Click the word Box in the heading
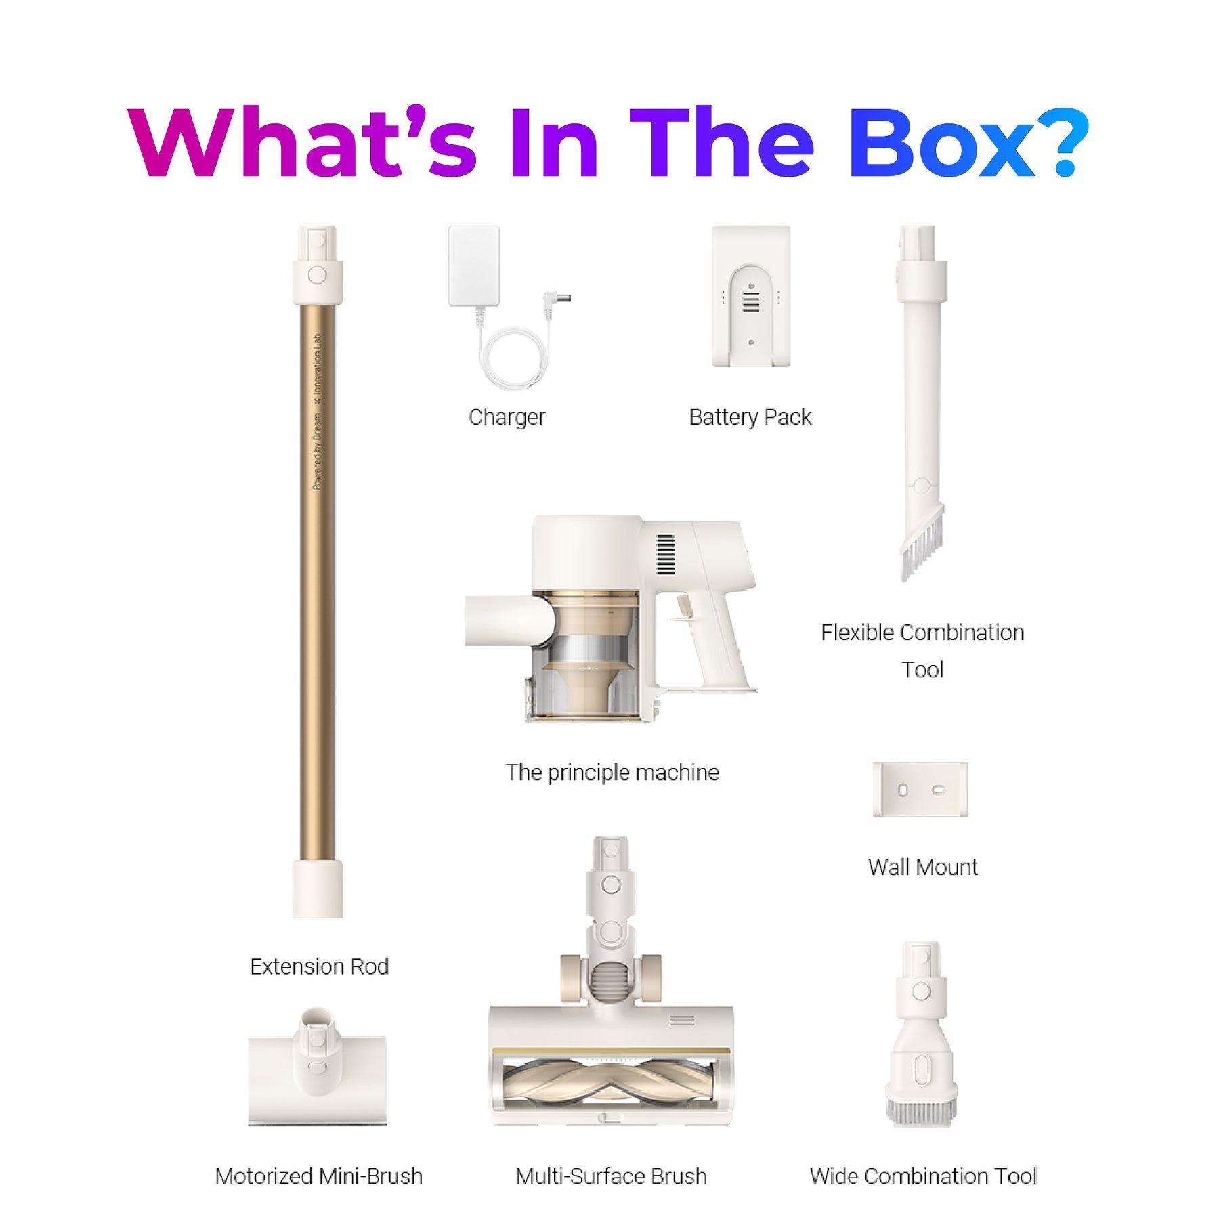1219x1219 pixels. pyautogui.click(x=941, y=143)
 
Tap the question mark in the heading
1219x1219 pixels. pyautogui.click(x=1063, y=143)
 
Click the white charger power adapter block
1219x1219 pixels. pyautogui.click(x=473, y=265)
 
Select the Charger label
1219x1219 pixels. pyautogui.click(x=507, y=417)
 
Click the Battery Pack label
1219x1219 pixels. pyautogui.click(x=750, y=417)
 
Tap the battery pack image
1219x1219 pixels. pyautogui.click(x=751, y=296)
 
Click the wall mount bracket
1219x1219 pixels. pyautogui.click(x=920, y=790)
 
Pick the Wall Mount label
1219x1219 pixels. pyautogui.click(x=922, y=868)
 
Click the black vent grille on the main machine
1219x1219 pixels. pyautogui.click(x=666, y=555)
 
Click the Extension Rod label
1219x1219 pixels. pyautogui.click(x=319, y=966)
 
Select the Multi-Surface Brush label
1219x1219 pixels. pyautogui.click(x=611, y=1176)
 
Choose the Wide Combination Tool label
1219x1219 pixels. pyautogui.click(x=923, y=1176)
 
